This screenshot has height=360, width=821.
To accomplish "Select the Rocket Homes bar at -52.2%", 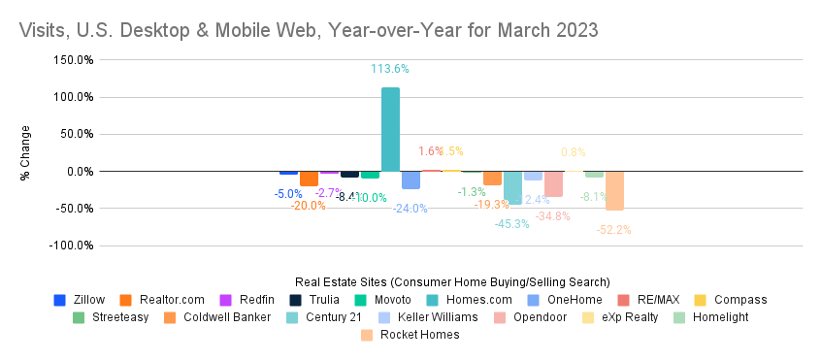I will point(614,190).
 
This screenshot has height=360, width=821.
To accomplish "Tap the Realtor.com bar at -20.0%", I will point(309,179).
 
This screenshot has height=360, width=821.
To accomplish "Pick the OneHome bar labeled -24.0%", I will point(410,180).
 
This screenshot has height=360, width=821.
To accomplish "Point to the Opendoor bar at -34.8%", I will point(553,183).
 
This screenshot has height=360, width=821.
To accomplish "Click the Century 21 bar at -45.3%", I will point(512,187).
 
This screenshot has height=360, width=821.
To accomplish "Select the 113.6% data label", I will point(390,69).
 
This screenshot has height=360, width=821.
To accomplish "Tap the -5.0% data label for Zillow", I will point(287,194).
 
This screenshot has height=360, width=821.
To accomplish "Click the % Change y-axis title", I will point(26,153).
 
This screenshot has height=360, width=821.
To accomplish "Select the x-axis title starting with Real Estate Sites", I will point(451,281).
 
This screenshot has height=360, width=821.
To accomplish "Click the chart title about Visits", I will point(309,30).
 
